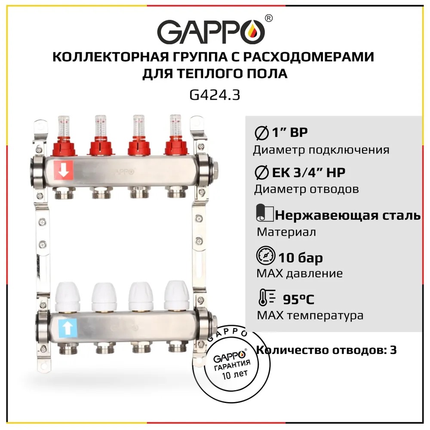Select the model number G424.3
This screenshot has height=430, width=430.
(215, 95)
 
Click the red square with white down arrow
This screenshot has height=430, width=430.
(64, 169)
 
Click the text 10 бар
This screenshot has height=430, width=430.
(301, 258)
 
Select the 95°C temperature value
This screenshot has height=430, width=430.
(298, 299)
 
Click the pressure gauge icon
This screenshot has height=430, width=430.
(266, 255)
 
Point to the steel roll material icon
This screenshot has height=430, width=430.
(264, 213)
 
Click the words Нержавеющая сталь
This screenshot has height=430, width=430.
(348, 215)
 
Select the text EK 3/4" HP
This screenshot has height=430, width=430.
(308, 173)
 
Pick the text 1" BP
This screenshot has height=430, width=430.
(290, 132)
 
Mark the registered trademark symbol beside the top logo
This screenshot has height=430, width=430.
(269, 18)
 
